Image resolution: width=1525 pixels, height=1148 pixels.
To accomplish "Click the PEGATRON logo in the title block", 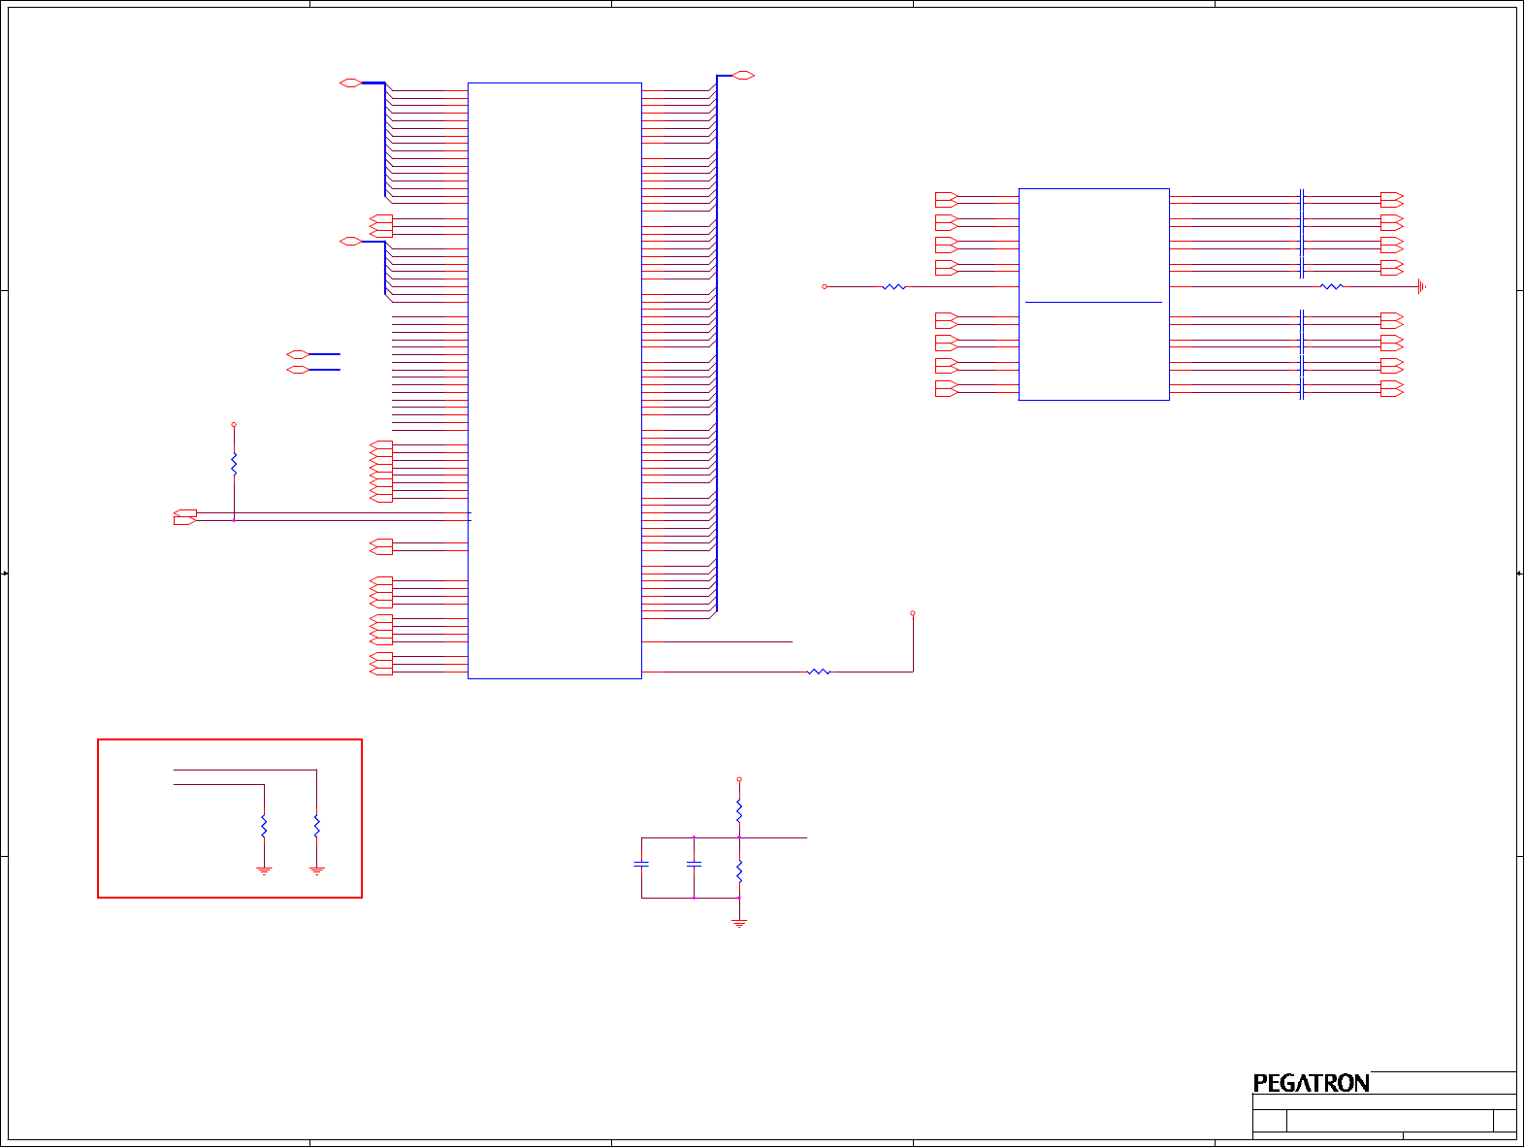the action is pyautogui.click(x=1311, y=1083).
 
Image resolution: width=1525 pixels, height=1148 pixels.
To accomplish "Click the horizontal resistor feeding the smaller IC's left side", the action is pyautogui.click(x=894, y=287).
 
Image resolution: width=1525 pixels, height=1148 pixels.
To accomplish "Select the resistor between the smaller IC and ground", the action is pyautogui.click(x=1332, y=286).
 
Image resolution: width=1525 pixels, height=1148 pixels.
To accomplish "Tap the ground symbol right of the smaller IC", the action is pyautogui.click(x=1422, y=286).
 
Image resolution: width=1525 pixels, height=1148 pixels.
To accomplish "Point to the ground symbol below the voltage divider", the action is pyautogui.click(x=739, y=924).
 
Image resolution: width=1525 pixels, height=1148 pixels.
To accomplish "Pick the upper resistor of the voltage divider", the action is pyautogui.click(x=739, y=809).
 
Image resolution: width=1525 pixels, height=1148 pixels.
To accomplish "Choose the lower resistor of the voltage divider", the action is pyautogui.click(x=739, y=870).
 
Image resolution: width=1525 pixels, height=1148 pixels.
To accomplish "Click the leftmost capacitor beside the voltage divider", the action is pyautogui.click(x=641, y=864).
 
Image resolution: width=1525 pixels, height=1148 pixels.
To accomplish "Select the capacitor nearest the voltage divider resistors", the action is pyautogui.click(x=694, y=864).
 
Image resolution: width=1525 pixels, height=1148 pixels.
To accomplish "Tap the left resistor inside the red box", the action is pyautogui.click(x=264, y=827).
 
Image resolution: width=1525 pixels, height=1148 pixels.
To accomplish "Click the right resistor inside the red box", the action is pyautogui.click(x=316, y=827).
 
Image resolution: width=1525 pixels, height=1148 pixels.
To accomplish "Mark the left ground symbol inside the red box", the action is pyautogui.click(x=264, y=870).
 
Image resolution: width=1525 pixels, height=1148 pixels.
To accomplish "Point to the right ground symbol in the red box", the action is pyautogui.click(x=316, y=870).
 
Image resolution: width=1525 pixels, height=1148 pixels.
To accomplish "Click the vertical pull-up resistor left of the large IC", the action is pyautogui.click(x=234, y=464).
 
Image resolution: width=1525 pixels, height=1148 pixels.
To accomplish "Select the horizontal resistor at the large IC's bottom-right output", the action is pyautogui.click(x=819, y=672).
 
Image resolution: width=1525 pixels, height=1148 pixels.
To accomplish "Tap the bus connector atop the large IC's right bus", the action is pyautogui.click(x=743, y=76).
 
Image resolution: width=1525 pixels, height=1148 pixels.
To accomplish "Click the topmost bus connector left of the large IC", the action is pyautogui.click(x=350, y=83).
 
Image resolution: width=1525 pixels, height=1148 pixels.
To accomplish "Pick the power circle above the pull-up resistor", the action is pyautogui.click(x=234, y=425).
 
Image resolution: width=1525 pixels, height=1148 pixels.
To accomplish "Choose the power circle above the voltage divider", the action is pyautogui.click(x=739, y=779).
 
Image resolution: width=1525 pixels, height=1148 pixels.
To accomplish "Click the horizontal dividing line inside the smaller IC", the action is pyautogui.click(x=1093, y=303).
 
